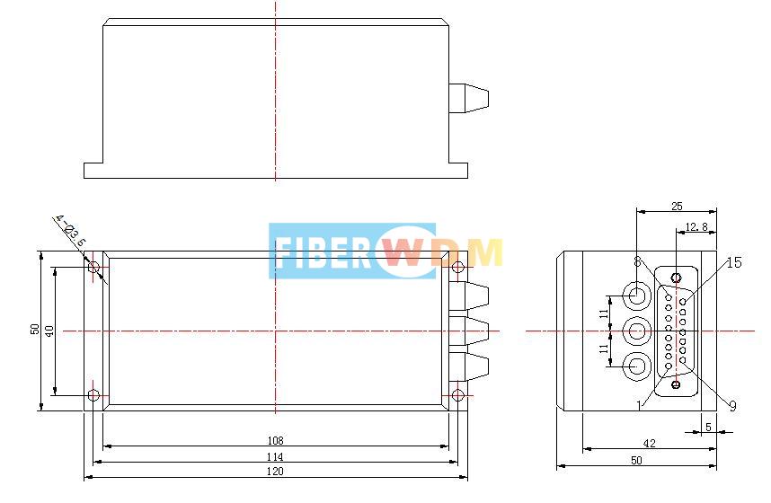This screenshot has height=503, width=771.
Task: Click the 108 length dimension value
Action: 275,440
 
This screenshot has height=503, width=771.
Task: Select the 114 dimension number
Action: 275,456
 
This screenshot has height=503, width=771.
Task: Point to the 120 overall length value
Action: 275,472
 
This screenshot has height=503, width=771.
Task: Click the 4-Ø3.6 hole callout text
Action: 70,231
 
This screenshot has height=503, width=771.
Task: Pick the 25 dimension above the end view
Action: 676,207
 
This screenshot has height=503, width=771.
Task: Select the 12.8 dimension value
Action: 696,227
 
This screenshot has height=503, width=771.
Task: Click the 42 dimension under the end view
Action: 650,442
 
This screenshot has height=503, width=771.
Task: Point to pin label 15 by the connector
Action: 733,262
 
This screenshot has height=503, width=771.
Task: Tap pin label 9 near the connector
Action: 732,406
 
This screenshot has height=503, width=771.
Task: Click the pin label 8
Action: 637,262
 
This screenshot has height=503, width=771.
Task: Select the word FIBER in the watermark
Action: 322,252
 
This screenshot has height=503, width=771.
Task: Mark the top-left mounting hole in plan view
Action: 94,268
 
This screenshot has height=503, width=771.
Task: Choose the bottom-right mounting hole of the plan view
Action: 458,395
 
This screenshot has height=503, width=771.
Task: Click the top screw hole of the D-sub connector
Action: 676,278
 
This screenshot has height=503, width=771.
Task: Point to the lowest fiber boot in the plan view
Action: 473,366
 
